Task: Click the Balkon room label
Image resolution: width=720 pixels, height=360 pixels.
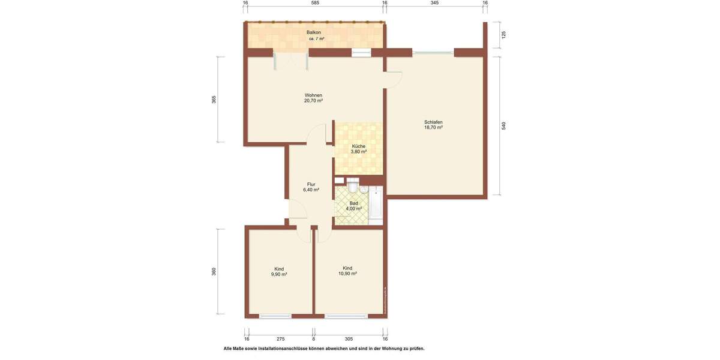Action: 313,32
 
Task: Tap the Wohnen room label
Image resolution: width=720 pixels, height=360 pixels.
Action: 313,95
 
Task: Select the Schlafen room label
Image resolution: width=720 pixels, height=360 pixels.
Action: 433,122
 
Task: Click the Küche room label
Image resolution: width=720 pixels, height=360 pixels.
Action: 358,146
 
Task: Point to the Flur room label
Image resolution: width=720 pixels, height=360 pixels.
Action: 311,184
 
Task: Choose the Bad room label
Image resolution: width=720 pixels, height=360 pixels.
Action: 353,203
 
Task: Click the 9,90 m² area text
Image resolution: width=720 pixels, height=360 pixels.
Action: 279,274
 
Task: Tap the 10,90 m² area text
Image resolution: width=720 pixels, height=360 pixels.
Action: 347,274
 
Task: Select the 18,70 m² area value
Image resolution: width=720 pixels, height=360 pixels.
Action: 433,127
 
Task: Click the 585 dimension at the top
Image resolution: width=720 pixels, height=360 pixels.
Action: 315,3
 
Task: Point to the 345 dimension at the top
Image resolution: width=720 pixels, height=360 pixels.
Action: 434,3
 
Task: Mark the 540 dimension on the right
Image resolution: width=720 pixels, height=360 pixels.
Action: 504,126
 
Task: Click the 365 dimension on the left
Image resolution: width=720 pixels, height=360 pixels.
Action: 214,100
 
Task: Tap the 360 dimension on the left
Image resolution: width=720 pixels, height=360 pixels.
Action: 214,271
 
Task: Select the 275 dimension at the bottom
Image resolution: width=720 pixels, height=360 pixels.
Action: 280,338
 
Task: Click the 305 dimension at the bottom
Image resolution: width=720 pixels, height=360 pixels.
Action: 349,338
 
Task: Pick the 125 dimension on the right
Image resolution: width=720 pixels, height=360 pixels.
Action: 504,35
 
